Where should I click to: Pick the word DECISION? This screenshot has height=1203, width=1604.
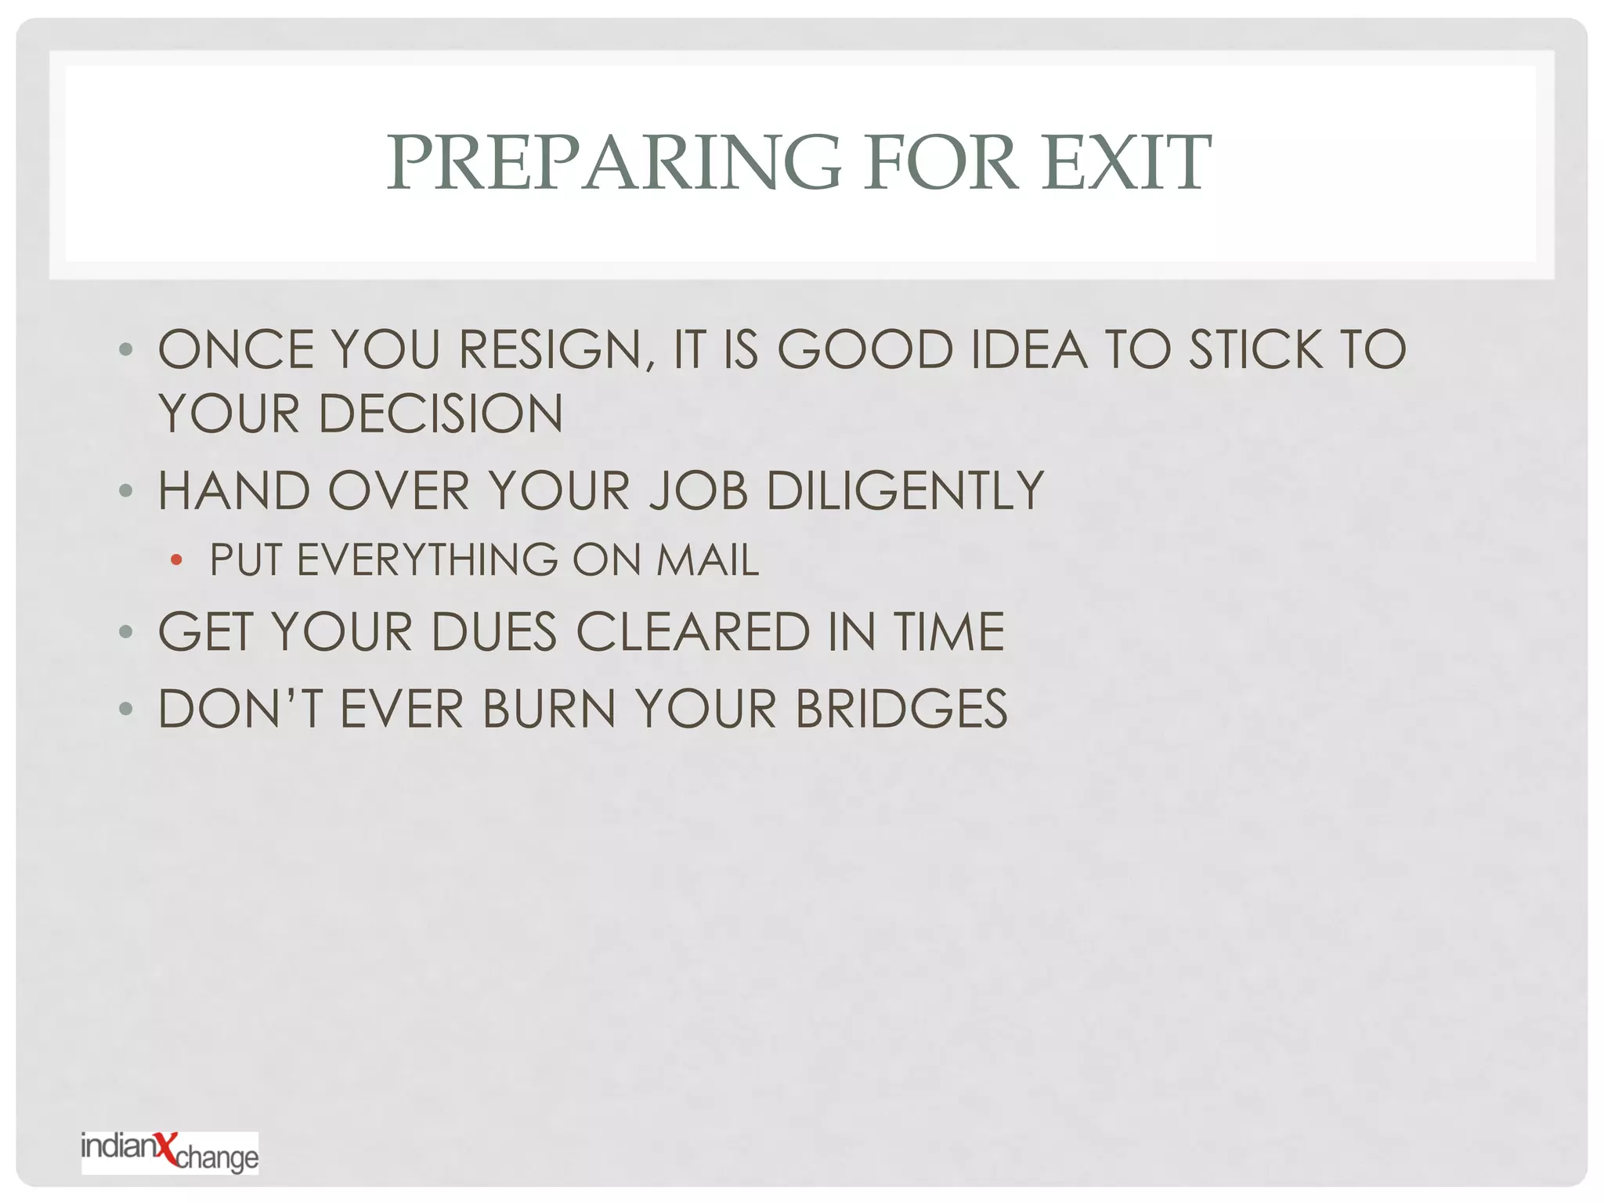coord(440,414)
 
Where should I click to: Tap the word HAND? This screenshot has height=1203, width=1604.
coord(234,491)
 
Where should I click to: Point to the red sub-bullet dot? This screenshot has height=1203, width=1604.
coord(176,559)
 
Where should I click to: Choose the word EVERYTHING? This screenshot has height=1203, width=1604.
coord(427,560)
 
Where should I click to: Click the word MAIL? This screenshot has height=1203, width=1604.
coord(707,560)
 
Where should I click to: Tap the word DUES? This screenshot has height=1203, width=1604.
coord(493,632)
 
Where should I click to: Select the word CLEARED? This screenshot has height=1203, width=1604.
coord(693,632)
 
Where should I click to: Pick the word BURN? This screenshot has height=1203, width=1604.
coord(549,710)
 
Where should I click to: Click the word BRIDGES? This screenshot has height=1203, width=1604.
coord(901,710)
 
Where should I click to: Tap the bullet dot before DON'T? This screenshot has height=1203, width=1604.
coord(126,710)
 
